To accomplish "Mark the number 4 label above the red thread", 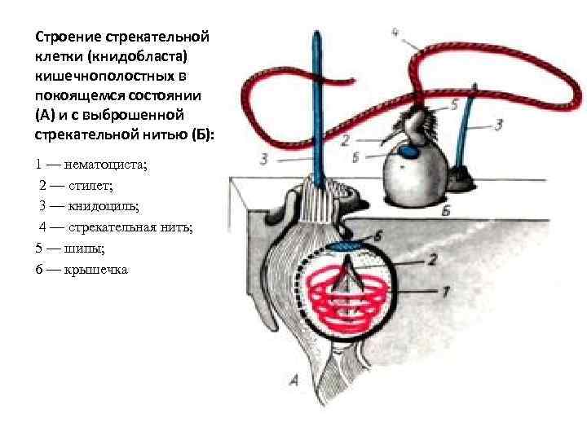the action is [x=394, y=33].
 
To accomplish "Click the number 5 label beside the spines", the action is [x=453, y=103].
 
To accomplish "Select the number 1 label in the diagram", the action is [x=447, y=291].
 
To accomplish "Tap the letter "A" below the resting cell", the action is [x=291, y=378].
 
